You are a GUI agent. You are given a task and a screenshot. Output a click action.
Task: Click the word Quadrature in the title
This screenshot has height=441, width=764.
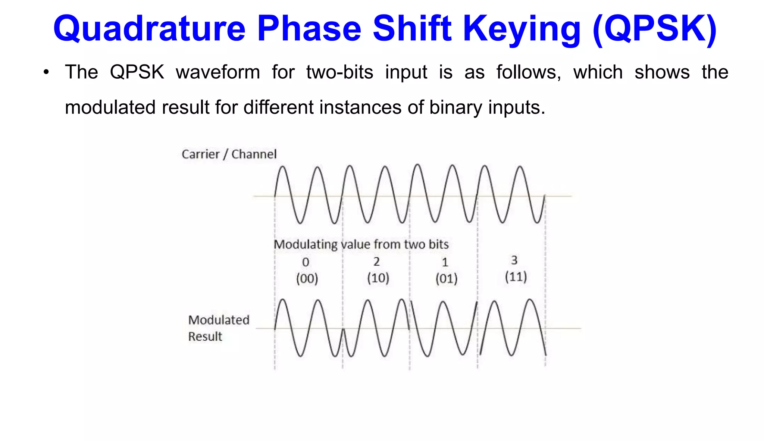(149, 29)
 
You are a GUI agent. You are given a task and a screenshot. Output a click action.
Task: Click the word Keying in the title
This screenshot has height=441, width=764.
(522, 29)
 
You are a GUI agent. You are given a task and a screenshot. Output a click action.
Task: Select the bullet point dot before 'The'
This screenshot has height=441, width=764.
(46, 72)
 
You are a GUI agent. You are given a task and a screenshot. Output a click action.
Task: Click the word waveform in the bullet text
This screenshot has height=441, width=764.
(218, 72)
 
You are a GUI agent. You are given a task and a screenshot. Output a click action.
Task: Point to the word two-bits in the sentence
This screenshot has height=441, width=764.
(339, 72)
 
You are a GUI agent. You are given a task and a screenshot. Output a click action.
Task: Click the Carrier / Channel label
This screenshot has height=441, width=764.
(229, 154)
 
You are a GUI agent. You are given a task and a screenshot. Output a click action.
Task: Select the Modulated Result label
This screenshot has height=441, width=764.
(218, 328)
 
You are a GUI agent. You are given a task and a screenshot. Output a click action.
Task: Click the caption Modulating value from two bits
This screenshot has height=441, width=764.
(361, 244)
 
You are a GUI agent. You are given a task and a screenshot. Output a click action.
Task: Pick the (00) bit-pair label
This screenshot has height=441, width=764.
(307, 279)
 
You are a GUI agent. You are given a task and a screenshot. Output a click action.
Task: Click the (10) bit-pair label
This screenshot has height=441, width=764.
(378, 278)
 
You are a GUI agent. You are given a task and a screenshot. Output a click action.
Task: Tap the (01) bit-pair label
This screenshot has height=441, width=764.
(447, 279)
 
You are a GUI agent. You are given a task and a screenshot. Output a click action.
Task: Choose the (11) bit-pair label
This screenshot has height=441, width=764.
(516, 277)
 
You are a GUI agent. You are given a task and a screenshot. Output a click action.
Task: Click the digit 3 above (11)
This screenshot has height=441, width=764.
(514, 260)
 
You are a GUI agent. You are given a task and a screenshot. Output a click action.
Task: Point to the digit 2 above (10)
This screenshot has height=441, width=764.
(377, 262)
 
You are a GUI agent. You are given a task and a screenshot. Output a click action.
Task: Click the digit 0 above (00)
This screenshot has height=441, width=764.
(306, 262)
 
